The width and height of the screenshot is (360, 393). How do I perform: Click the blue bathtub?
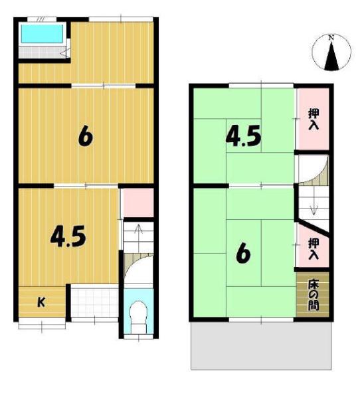[x=42, y=34]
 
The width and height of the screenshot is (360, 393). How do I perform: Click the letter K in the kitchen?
[x=41, y=302]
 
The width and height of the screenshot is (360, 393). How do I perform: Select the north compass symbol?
[x=331, y=52]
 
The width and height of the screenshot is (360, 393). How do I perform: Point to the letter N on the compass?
[x=331, y=38]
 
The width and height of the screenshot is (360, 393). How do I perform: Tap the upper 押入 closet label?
[x=314, y=119]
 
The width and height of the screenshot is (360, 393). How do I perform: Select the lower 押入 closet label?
[x=314, y=249]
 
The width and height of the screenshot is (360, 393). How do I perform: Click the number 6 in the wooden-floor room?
[x=85, y=137]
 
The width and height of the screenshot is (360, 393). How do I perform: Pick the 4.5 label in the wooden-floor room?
[x=68, y=236]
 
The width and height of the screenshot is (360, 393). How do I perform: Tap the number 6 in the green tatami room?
[x=243, y=254]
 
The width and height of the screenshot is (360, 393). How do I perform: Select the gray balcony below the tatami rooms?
[x=261, y=346]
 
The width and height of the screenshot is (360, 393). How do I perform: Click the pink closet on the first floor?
[x=138, y=202]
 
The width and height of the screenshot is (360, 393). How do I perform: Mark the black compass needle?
[x=331, y=55]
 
